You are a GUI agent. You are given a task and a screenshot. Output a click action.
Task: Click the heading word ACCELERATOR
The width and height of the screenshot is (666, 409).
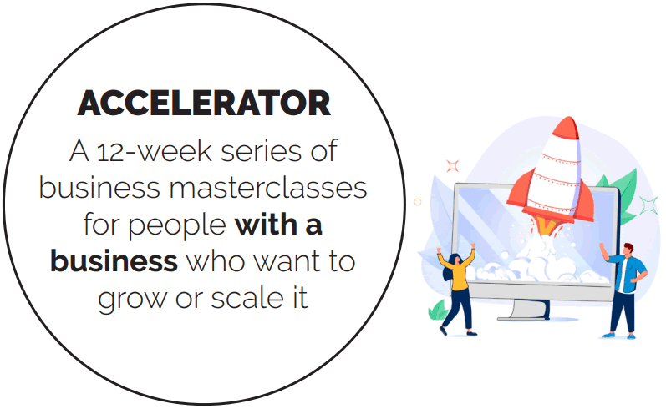tap(204, 103)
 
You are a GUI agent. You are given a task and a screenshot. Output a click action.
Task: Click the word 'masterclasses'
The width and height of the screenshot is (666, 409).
tap(268, 188)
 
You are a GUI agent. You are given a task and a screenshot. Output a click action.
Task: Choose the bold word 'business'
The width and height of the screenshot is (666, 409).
tap(114, 261)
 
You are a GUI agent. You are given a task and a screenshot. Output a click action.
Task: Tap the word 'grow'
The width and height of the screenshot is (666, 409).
tap(132, 300)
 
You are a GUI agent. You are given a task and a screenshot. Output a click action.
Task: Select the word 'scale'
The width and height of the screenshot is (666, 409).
tap(247, 298)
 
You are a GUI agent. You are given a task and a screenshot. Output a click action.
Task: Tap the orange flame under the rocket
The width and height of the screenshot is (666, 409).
tap(549, 225)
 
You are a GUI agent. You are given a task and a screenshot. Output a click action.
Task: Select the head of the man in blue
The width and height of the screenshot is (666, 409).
tap(628, 250)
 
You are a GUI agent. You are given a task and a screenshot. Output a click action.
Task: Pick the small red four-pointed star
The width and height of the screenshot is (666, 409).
tap(453, 165)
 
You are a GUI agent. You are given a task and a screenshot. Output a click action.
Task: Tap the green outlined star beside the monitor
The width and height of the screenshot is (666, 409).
tap(648, 206)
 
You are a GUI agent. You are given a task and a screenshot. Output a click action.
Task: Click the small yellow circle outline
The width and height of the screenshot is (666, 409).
tap(418, 202)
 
